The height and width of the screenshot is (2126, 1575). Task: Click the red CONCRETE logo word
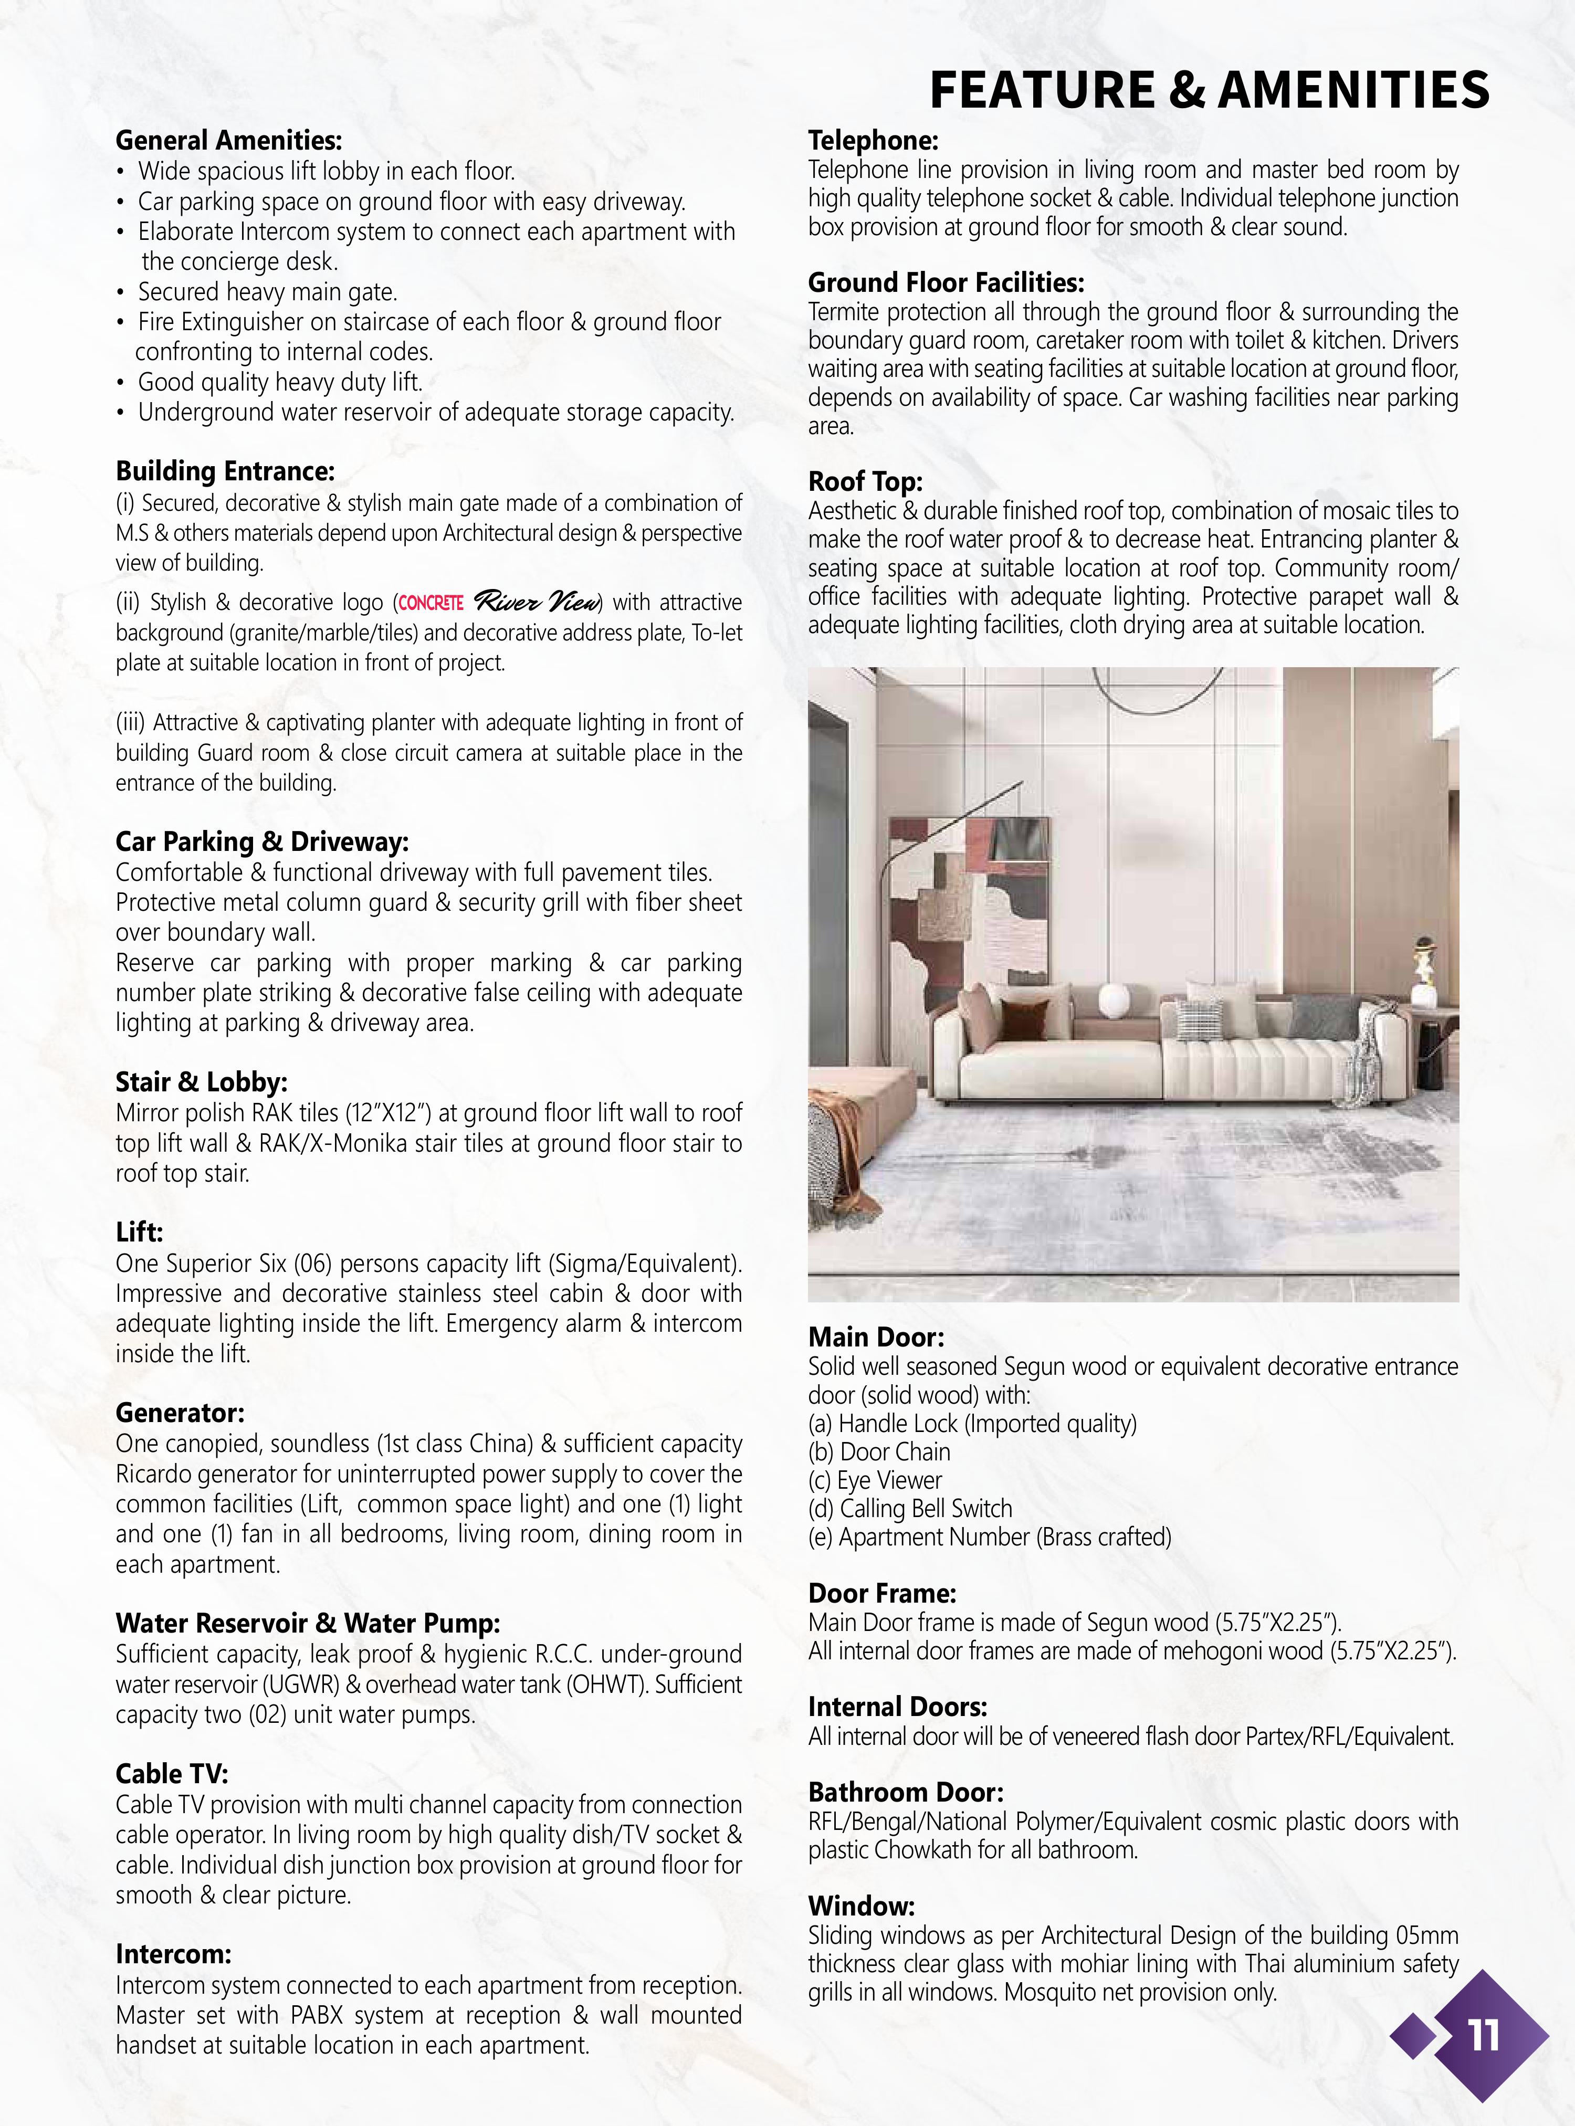(431, 603)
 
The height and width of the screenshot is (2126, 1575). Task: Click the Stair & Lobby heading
(201, 1081)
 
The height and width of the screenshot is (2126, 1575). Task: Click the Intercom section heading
(174, 1954)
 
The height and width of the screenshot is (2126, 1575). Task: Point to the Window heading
(861, 1905)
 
